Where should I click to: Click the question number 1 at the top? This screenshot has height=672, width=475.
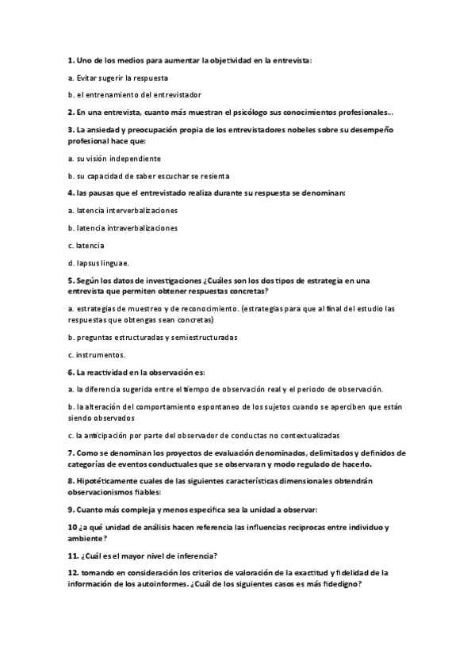71,60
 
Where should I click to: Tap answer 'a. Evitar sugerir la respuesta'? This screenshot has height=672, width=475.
118,78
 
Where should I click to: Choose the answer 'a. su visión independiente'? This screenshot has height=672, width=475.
114,158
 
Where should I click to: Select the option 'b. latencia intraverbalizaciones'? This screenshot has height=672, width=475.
123,228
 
